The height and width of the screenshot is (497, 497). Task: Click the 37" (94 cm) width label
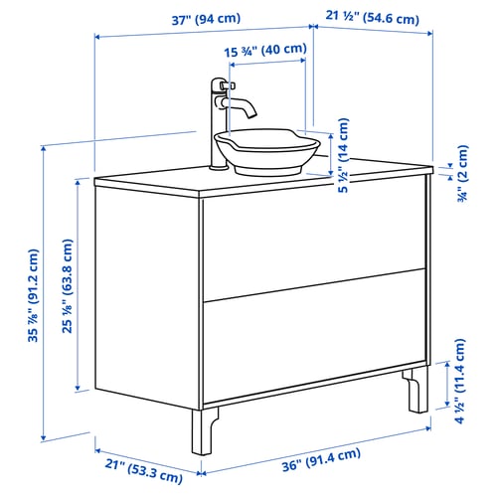(206, 19)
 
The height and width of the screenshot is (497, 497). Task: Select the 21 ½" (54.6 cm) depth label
(372, 17)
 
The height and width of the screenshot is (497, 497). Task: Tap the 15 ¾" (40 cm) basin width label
(265, 51)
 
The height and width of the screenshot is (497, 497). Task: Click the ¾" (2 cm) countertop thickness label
(462, 174)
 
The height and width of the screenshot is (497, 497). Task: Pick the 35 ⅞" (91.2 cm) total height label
(34, 295)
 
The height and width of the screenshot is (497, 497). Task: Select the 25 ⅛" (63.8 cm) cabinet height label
(68, 286)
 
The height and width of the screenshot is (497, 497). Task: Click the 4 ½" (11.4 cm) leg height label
(460, 381)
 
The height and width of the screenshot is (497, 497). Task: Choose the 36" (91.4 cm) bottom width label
(321, 459)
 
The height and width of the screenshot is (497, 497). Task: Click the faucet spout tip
(251, 114)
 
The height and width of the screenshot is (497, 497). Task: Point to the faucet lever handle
(228, 85)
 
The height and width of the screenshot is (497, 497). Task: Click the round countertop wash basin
(267, 151)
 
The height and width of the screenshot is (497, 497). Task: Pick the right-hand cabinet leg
(416, 390)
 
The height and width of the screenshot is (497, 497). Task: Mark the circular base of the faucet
(218, 167)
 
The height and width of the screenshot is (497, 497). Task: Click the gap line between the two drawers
(314, 285)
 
